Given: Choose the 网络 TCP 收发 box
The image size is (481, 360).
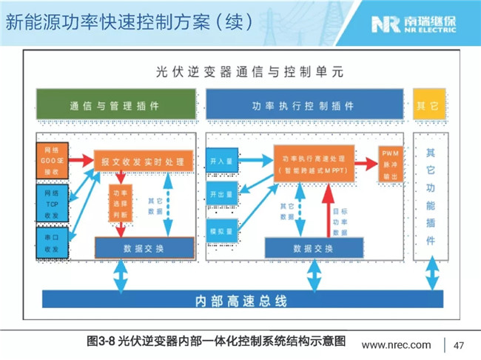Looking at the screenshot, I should point(51,199).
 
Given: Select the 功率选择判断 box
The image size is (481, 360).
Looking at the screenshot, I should point(119,202).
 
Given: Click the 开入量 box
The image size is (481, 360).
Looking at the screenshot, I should point(222,161).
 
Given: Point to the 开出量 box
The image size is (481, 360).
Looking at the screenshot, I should point(222,194).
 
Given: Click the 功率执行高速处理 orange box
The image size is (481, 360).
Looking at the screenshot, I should point(314,164).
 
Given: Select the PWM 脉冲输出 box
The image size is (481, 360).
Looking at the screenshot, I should point(389,164).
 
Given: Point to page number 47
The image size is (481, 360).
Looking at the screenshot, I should point(458,345).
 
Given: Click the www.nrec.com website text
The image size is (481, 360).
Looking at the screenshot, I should point(395,345).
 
